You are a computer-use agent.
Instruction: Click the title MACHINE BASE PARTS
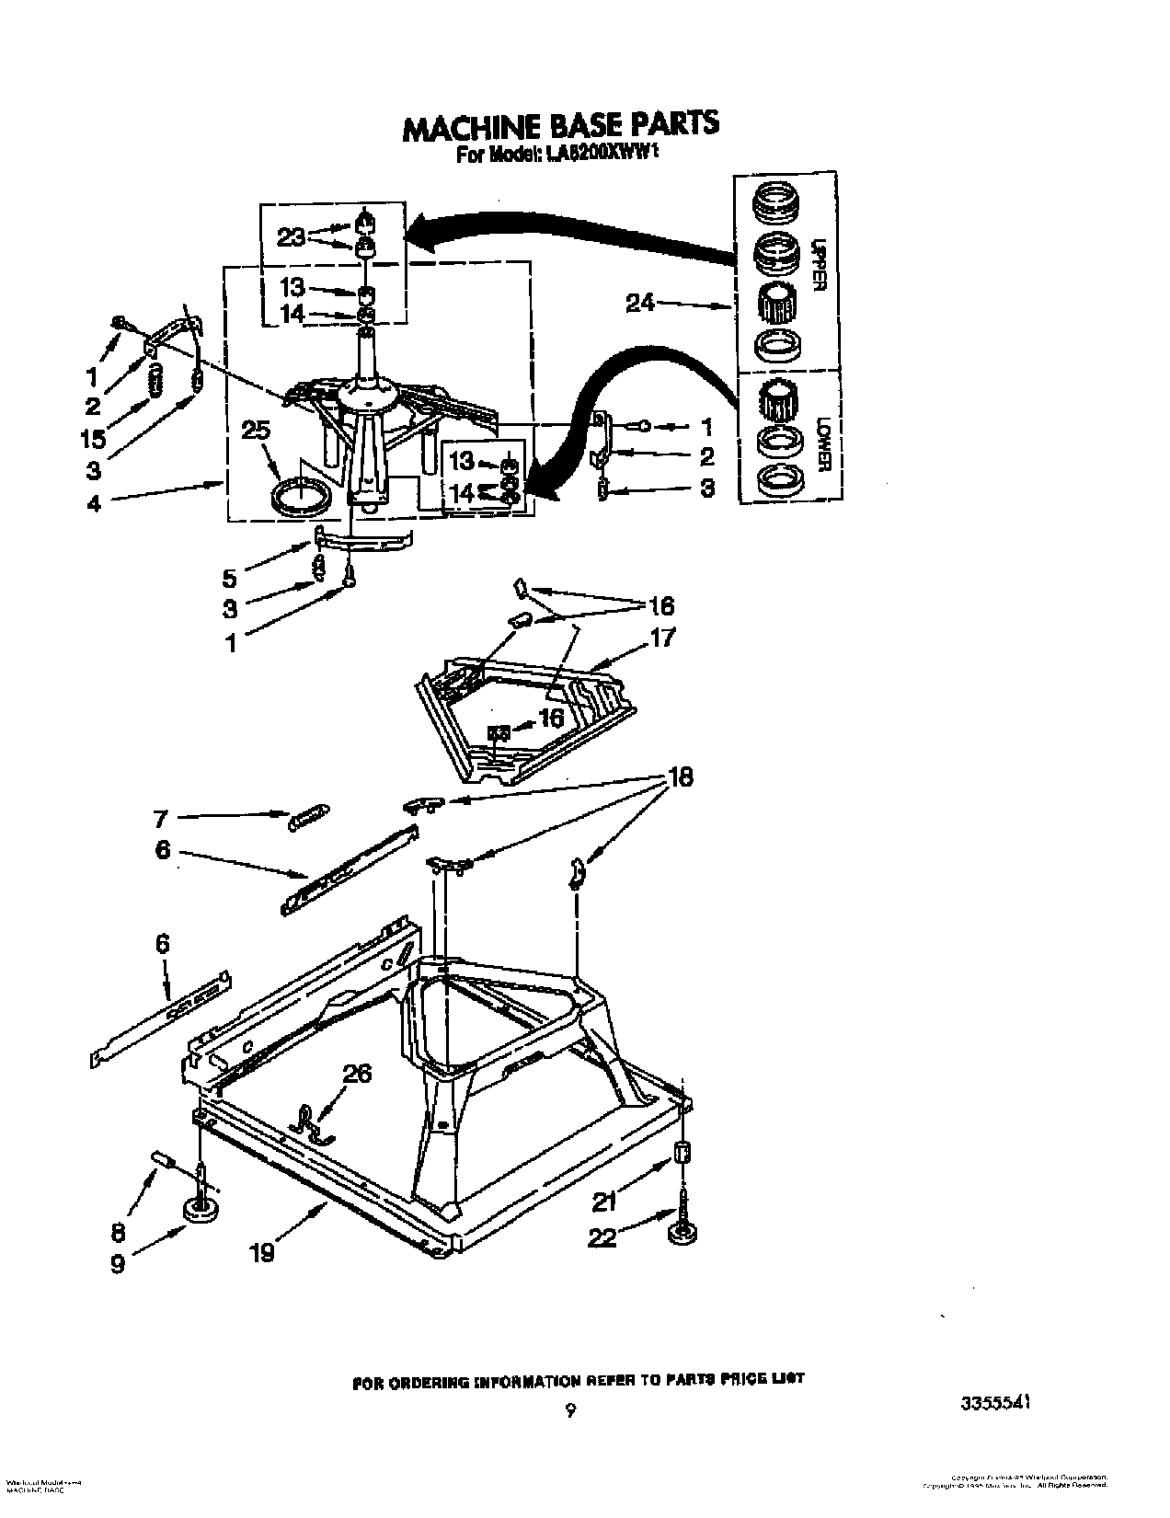tap(560, 126)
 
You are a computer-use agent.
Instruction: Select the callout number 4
tap(94, 503)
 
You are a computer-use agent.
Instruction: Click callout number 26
tap(357, 1074)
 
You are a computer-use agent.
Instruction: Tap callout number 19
tap(262, 1252)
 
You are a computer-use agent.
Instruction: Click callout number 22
tap(602, 1238)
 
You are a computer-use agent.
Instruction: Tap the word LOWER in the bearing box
tap(821, 442)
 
